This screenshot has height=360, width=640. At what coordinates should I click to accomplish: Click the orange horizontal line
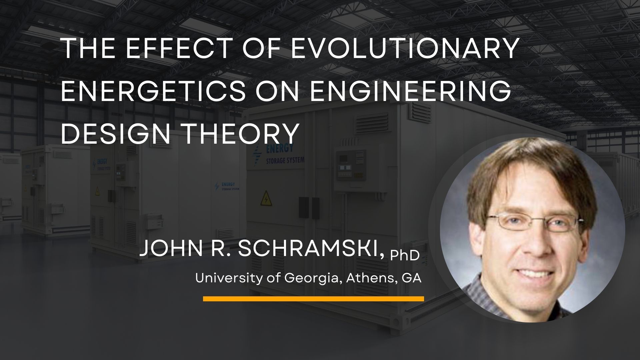(313, 299)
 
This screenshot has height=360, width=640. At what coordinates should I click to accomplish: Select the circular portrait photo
(532, 230)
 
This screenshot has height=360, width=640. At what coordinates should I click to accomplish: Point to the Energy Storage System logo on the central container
(278, 154)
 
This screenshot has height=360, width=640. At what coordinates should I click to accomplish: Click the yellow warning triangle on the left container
(97, 191)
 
